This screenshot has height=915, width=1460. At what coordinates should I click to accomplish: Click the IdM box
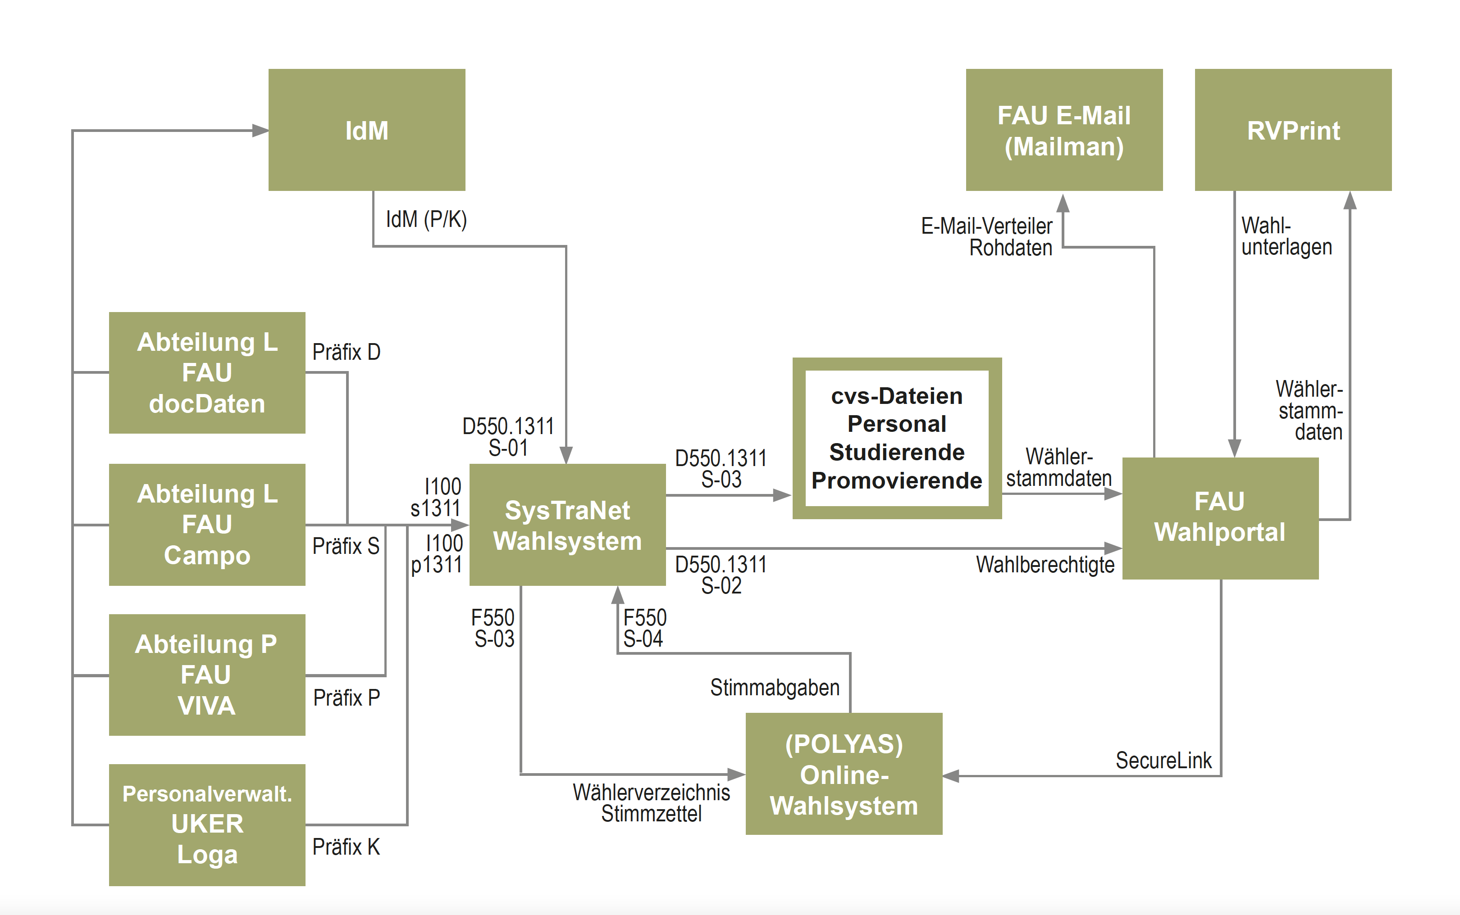click(367, 130)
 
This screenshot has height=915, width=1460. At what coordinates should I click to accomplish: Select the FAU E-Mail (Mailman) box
click(1064, 130)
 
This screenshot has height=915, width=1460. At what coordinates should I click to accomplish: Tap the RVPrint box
click(1293, 130)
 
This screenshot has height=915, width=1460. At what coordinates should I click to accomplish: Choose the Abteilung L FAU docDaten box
click(207, 373)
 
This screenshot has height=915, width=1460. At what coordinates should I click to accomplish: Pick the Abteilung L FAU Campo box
click(207, 524)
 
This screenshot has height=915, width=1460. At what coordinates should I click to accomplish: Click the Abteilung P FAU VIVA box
click(207, 675)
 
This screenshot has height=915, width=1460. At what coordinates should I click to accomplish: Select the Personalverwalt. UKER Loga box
click(207, 825)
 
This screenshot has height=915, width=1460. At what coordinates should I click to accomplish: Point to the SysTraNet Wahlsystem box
click(567, 525)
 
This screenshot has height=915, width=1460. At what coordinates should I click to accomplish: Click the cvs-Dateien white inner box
click(897, 438)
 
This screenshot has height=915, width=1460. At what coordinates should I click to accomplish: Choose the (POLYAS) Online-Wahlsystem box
click(844, 774)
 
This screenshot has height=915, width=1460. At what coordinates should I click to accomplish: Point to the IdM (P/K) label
click(426, 219)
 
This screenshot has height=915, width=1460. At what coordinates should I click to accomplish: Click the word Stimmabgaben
click(775, 688)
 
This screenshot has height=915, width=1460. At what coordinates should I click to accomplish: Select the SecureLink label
click(1163, 761)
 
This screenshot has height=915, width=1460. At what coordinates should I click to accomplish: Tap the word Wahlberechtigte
click(1045, 565)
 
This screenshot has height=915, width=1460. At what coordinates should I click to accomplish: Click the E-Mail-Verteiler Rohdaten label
click(987, 236)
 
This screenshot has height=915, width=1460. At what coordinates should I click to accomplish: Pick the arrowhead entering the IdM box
click(260, 130)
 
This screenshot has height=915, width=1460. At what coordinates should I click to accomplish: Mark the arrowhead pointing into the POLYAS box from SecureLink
click(951, 776)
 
